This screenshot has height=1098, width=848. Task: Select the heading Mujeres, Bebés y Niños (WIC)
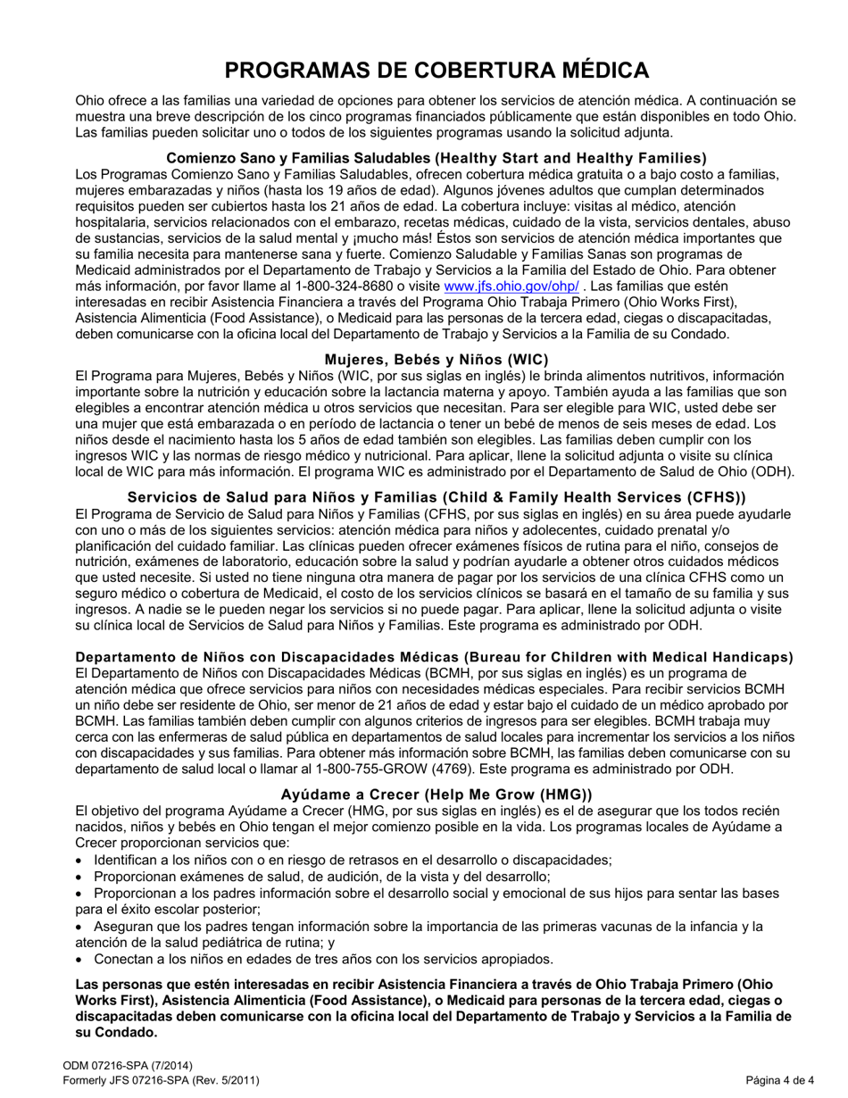point(436,359)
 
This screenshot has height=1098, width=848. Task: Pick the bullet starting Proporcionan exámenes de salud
point(321,877)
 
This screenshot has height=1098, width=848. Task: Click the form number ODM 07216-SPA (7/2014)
point(128,1066)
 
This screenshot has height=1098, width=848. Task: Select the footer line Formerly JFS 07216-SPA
point(161,1080)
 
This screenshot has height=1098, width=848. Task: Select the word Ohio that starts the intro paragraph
point(91,101)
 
